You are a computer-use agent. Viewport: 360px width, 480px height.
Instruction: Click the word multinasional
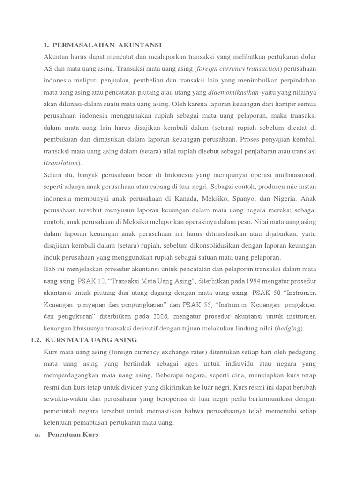click(293, 175)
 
